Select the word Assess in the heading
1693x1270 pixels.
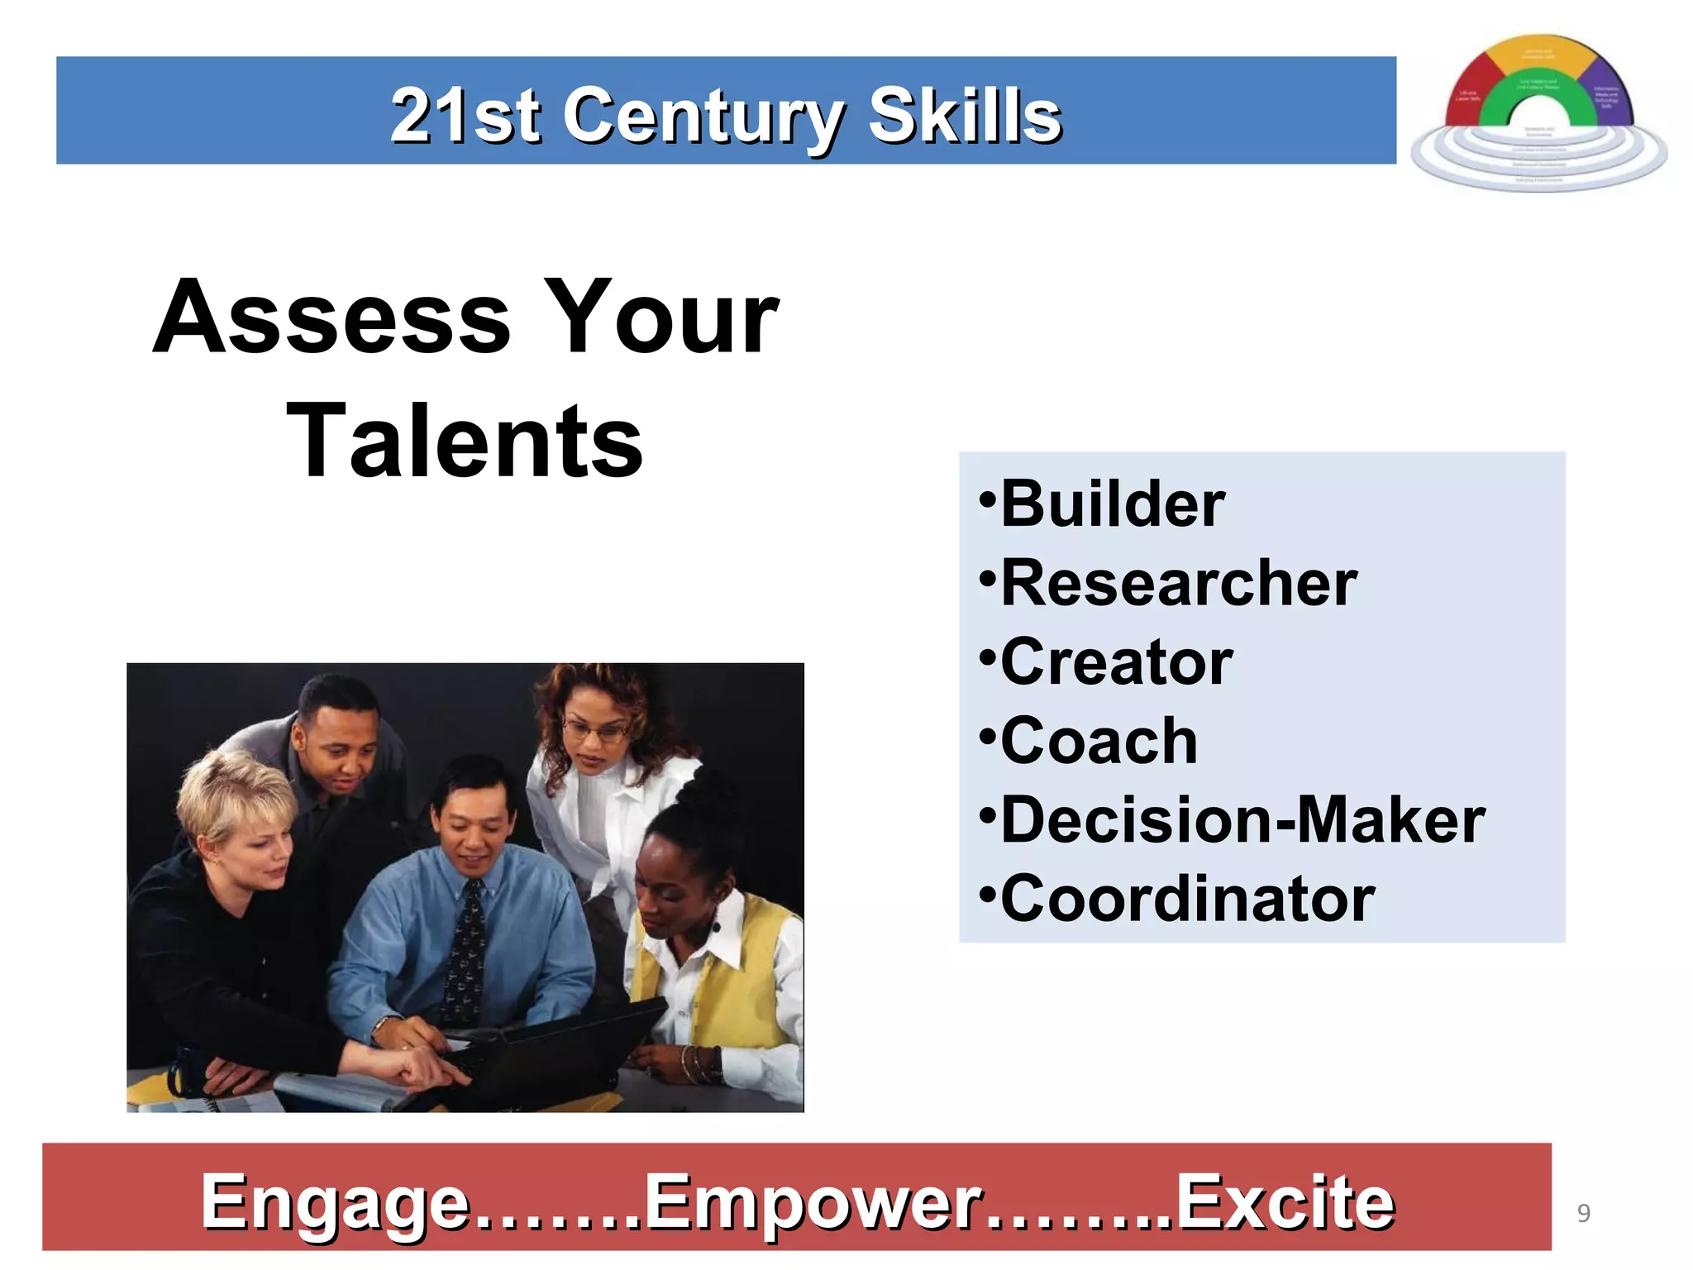click(332, 318)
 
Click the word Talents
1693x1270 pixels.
click(465, 442)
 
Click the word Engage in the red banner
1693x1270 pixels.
click(335, 1203)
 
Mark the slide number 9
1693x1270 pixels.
click(1583, 1213)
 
